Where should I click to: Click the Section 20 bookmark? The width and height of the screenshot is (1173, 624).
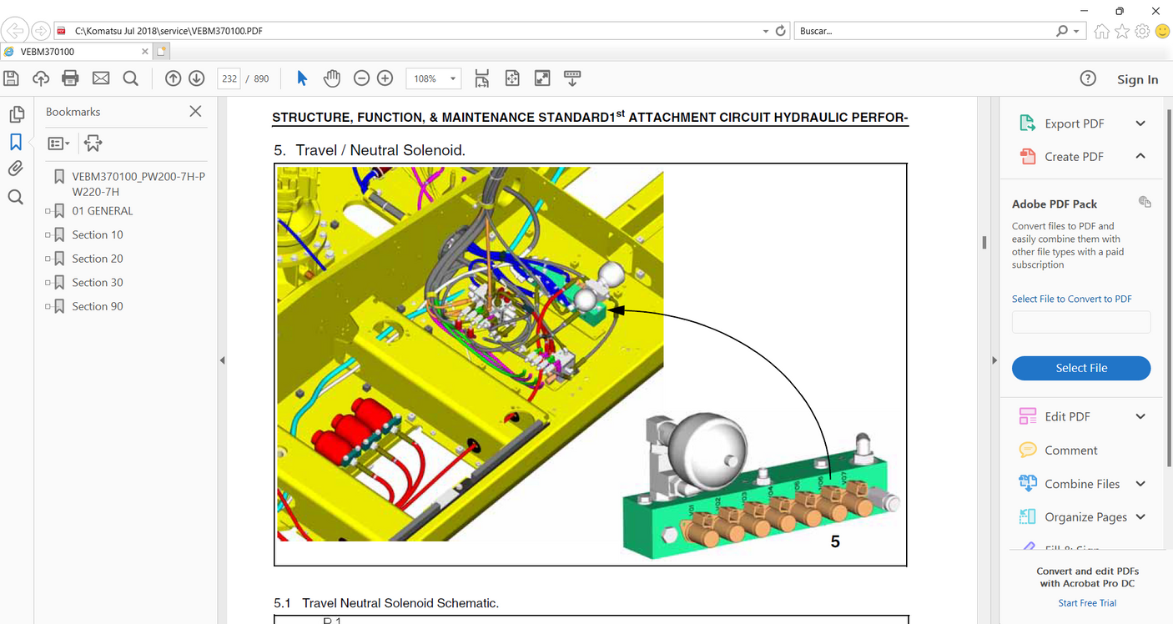pos(97,259)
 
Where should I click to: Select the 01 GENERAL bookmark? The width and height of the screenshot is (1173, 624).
pos(102,211)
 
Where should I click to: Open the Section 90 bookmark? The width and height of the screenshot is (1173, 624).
pos(97,306)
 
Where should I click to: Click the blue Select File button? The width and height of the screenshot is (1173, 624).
pos(1080,368)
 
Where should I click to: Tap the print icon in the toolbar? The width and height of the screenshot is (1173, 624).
pos(70,78)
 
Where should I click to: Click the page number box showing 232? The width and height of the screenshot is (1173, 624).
pos(229,78)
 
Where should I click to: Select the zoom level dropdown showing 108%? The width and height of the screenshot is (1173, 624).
pos(433,78)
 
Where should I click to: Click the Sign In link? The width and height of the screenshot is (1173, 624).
pos(1137,79)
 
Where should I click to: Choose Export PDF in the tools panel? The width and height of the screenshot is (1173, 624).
pos(1074,123)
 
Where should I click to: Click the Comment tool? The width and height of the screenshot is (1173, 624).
pos(1070,450)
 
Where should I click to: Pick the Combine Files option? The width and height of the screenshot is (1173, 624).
pos(1081,484)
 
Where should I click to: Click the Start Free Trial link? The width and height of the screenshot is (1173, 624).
pos(1087,603)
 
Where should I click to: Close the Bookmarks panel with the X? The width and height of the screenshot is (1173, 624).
pos(195,111)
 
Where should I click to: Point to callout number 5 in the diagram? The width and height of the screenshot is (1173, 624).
pos(835,541)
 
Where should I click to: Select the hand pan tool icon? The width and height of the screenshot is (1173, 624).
pos(332,78)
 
